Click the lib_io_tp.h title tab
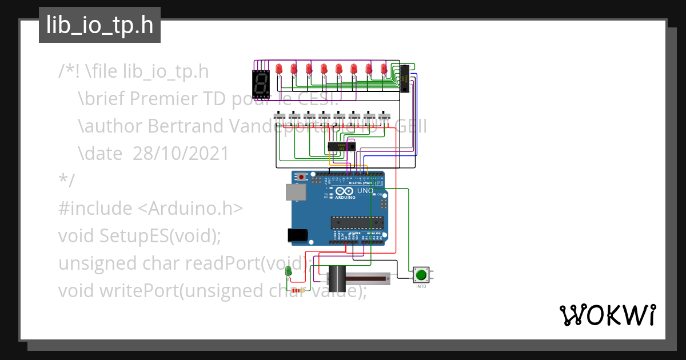click(99, 26)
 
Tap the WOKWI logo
click(607, 315)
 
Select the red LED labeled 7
click(279, 69)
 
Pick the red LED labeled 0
click(384, 69)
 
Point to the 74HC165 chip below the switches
click(341, 146)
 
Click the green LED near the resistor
click(289, 271)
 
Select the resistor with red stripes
click(297, 290)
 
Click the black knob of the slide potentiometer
click(337, 278)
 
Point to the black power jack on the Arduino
click(297, 234)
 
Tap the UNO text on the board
click(365, 190)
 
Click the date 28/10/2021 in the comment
click(181, 154)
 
